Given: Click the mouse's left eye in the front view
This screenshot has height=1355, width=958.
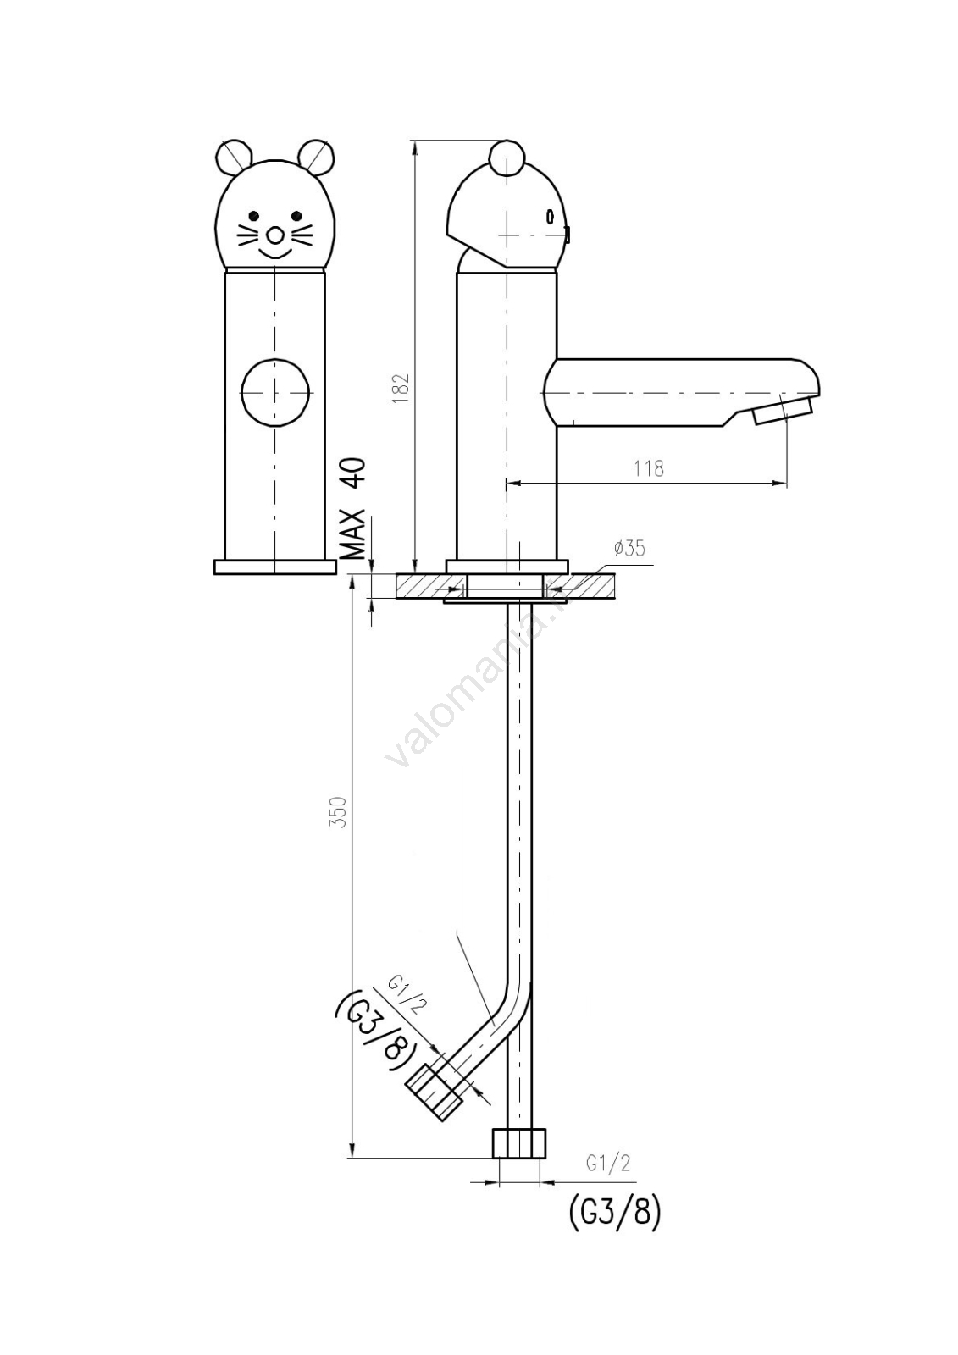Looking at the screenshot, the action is point(254,216).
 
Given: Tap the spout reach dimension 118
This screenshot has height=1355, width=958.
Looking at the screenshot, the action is point(649,469).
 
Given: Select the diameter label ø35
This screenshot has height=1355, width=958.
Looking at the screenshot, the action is point(629,548).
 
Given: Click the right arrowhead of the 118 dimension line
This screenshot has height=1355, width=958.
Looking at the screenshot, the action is point(780,483).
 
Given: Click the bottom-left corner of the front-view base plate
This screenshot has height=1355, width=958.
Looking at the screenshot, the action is point(215,574).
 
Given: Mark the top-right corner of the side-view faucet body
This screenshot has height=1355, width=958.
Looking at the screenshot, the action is point(556,274).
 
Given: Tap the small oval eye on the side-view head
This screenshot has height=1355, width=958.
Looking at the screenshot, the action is point(551,216).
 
